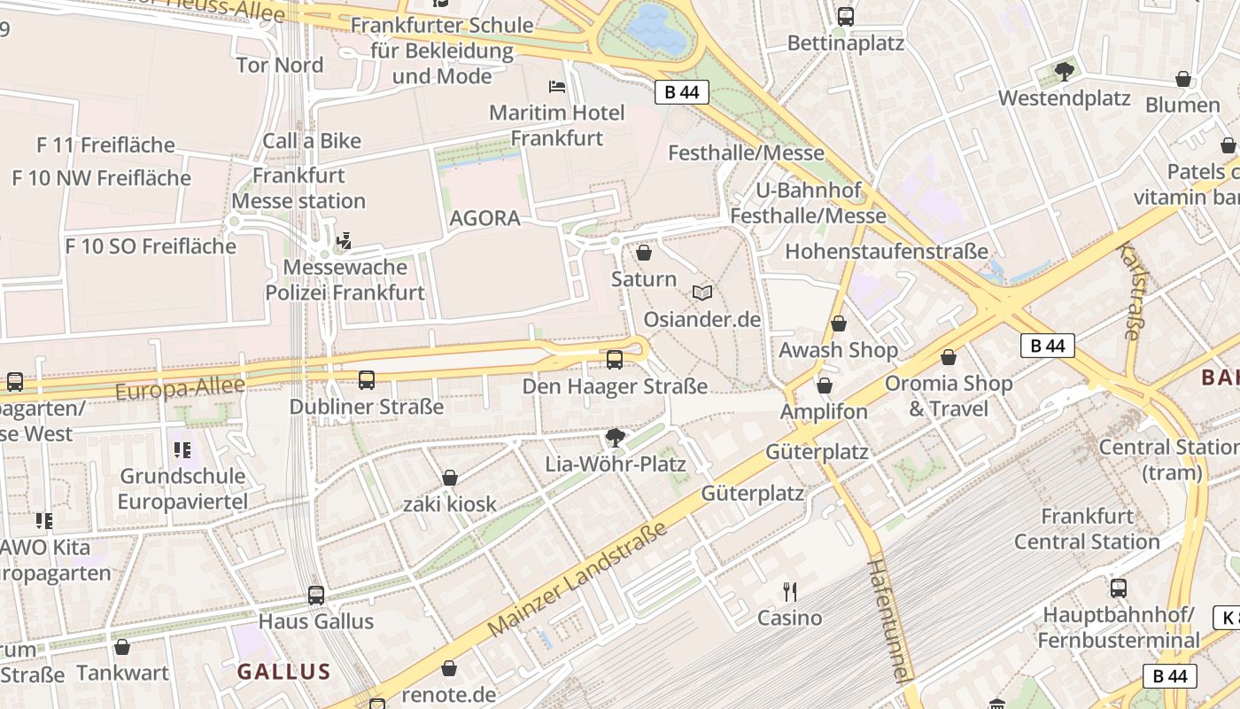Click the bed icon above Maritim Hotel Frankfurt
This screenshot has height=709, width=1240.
coord(557,87)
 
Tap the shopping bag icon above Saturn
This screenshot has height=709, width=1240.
coord(644,253)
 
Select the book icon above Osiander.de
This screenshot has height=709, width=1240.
coord(702,292)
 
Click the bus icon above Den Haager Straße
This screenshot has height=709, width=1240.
coord(614,360)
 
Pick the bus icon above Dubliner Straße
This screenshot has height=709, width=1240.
coord(367,380)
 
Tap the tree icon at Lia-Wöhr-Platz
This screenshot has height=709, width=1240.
coord(615,437)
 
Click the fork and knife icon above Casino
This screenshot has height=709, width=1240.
coord(789,591)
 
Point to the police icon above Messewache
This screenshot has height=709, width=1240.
coord(345,240)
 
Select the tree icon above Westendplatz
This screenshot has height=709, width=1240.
coord(1064,71)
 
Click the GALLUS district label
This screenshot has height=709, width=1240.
coord(283,672)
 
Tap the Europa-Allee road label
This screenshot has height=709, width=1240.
coord(180,387)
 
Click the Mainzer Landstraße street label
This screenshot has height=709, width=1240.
coord(577,578)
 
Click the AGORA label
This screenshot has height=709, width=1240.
coord(484,218)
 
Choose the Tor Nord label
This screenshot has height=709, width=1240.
coord(280,65)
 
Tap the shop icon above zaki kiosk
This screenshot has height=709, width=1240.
coord(450,479)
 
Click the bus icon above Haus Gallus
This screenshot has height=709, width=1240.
coord(316,595)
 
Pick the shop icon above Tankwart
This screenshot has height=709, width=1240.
coord(122,647)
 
